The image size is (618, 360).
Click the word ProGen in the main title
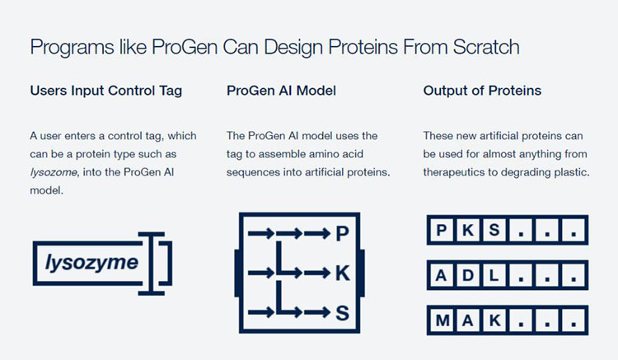(x=185, y=47)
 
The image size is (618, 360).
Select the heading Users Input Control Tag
(x=106, y=91)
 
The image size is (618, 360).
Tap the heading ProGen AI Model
(x=281, y=91)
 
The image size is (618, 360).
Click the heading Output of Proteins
(x=482, y=91)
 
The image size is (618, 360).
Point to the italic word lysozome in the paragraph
(x=54, y=172)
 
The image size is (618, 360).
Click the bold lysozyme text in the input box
(x=91, y=263)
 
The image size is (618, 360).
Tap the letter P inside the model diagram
(x=343, y=234)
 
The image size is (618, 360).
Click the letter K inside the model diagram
(x=343, y=273)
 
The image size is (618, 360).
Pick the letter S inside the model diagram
(x=343, y=313)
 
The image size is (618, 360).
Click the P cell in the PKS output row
(x=442, y=230)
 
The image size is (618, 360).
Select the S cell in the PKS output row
(x=494, y=230)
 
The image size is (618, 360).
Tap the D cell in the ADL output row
(x=468, y=275)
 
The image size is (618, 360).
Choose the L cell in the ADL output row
(x=494, y=275)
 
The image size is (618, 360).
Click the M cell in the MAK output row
(x=442, y=320)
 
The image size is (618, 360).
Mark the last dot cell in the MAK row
(x=574, y=320)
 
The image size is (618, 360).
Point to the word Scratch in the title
(x=486, y=47)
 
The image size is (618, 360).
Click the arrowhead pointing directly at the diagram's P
(x=325, y=234)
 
